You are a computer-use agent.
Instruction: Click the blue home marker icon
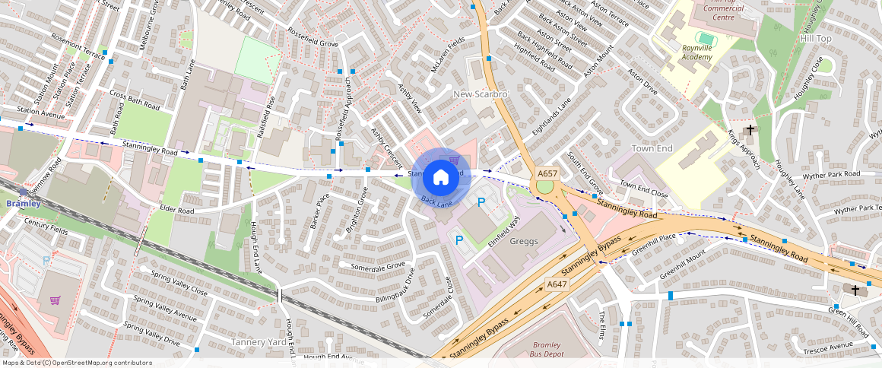(440, 178)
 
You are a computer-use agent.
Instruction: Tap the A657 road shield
(547, 174)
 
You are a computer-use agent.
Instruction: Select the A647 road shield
(557, 284)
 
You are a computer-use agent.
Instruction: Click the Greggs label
(524, 242)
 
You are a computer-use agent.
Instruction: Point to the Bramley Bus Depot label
(546, 349)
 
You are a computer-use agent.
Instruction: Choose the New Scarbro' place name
(480, 94)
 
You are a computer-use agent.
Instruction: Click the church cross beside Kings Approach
(750, 130)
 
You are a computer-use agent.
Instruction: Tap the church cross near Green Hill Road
(855, 290)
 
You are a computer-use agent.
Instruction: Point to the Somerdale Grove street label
(377, 267)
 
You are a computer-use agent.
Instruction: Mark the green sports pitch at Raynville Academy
(706, 37)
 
